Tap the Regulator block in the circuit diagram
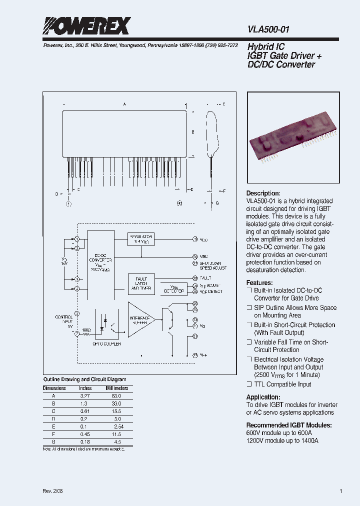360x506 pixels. tap(140, 239)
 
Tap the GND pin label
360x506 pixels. tap(203, 256)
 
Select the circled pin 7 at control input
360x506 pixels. tap(76, 333)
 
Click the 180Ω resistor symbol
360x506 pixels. tap(87, 333)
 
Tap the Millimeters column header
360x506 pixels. tap(116, 388)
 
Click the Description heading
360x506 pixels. tap(263, 193)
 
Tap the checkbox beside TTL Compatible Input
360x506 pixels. tap(249, 384)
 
